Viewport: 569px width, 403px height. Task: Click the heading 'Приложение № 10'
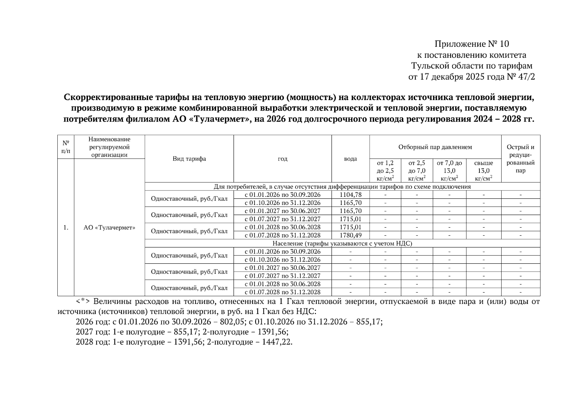point(471,44)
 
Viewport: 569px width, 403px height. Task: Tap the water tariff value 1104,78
point(350,195)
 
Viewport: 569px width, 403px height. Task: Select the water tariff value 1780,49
point(350,235)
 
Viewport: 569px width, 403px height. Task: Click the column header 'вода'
point(350,159)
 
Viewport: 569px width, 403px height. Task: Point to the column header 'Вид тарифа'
point(189,159)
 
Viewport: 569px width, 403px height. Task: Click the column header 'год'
point(282,159)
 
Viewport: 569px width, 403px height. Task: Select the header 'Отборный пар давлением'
point(435,147)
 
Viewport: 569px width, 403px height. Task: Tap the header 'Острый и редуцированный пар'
point(520,159)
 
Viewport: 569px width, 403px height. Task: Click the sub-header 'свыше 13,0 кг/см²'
point(483,171)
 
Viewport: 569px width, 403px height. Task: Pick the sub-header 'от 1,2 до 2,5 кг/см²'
point(385,171)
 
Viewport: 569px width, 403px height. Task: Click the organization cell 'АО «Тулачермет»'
point(109,227)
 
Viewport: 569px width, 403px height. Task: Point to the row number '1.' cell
point(66,227)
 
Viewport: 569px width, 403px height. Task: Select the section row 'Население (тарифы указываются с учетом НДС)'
point(342,243)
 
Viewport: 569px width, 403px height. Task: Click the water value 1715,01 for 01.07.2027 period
point(350,219)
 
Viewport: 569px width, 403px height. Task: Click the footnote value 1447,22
point(277,342)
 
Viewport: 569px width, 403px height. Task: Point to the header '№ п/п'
point(66,147)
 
